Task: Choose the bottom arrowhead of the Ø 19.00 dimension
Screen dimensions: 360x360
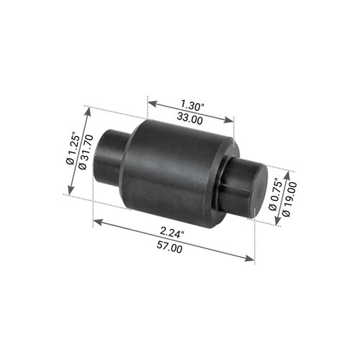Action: click(x=274, y=222)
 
